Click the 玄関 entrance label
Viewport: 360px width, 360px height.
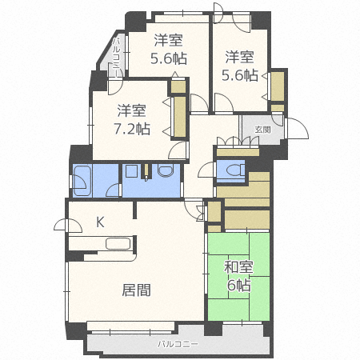pos(262,129)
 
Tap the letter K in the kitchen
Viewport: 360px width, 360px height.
pos(101,222)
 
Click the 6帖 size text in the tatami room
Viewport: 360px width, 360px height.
pos(238,286)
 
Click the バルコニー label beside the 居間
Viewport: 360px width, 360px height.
pos(177,345)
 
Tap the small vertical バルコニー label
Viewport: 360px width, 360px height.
pos(117,58)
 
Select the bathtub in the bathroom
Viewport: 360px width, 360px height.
pos(83,181)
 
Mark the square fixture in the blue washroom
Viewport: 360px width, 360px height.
pos(130,172)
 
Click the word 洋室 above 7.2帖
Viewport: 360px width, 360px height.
pos(132,110)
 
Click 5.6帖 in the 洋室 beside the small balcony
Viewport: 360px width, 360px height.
pos(169,58)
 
